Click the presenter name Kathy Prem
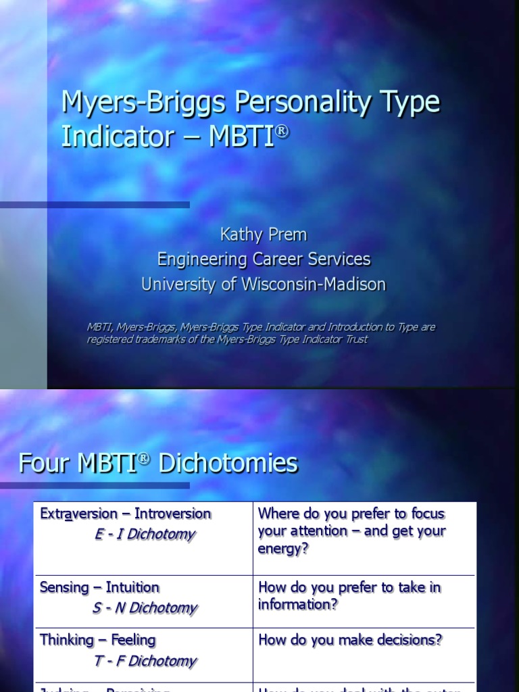coord(263,234)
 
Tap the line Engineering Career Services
coord(264,259)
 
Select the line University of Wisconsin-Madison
coord(264,285)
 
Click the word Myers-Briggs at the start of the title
coord(146,103)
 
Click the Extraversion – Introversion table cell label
coord(126,514)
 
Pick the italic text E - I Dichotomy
coord(145,534)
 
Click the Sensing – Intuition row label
coord(99,587)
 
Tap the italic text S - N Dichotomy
coord(145,608)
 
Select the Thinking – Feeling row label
coord(97,640)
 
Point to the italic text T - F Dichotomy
coord(145,660)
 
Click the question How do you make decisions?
coord(351,640)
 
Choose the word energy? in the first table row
coord(283,548)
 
